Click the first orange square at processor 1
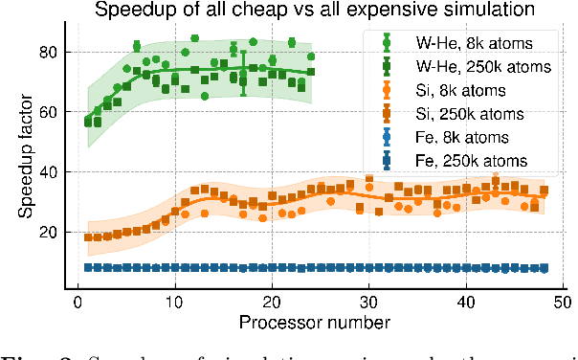tap(88, 237)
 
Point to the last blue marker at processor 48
tap(544, 269)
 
